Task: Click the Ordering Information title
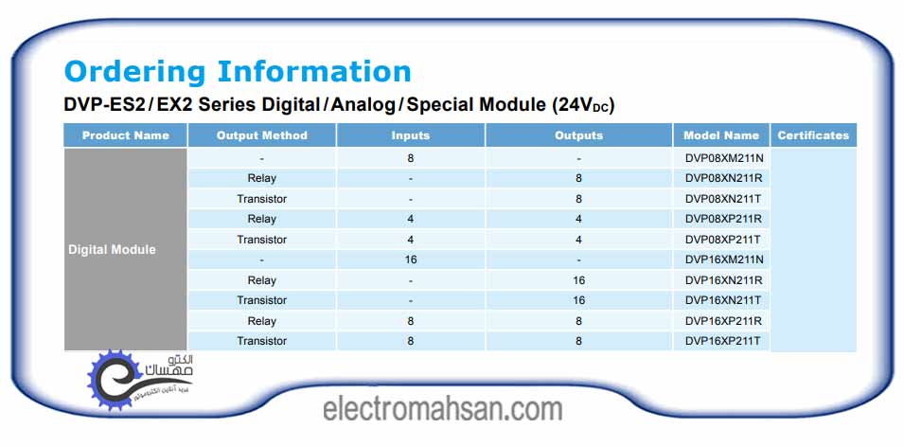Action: point(238,72)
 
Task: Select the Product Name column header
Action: point(126,135)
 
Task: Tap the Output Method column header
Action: point(262,135)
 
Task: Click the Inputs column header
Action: point(411,135)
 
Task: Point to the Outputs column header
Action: point(578,135)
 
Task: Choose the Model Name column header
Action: point(721,135)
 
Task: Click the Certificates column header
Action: point(813,135)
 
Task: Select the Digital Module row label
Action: point(112,250)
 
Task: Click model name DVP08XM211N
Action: point(724,158)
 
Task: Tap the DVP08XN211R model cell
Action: point(724,178)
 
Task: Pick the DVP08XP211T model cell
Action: point(723,240)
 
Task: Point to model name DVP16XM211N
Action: point(724,259)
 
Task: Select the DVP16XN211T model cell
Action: point(723,300)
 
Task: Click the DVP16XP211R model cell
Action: point(723,321)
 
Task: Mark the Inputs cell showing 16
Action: point(411,259)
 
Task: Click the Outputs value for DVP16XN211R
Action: point(578,280)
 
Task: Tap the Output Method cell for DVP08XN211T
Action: point(262,199)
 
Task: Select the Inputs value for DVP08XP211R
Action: point(411,219)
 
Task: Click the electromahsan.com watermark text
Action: point(442,409)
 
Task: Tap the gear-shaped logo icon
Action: point(115,378)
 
